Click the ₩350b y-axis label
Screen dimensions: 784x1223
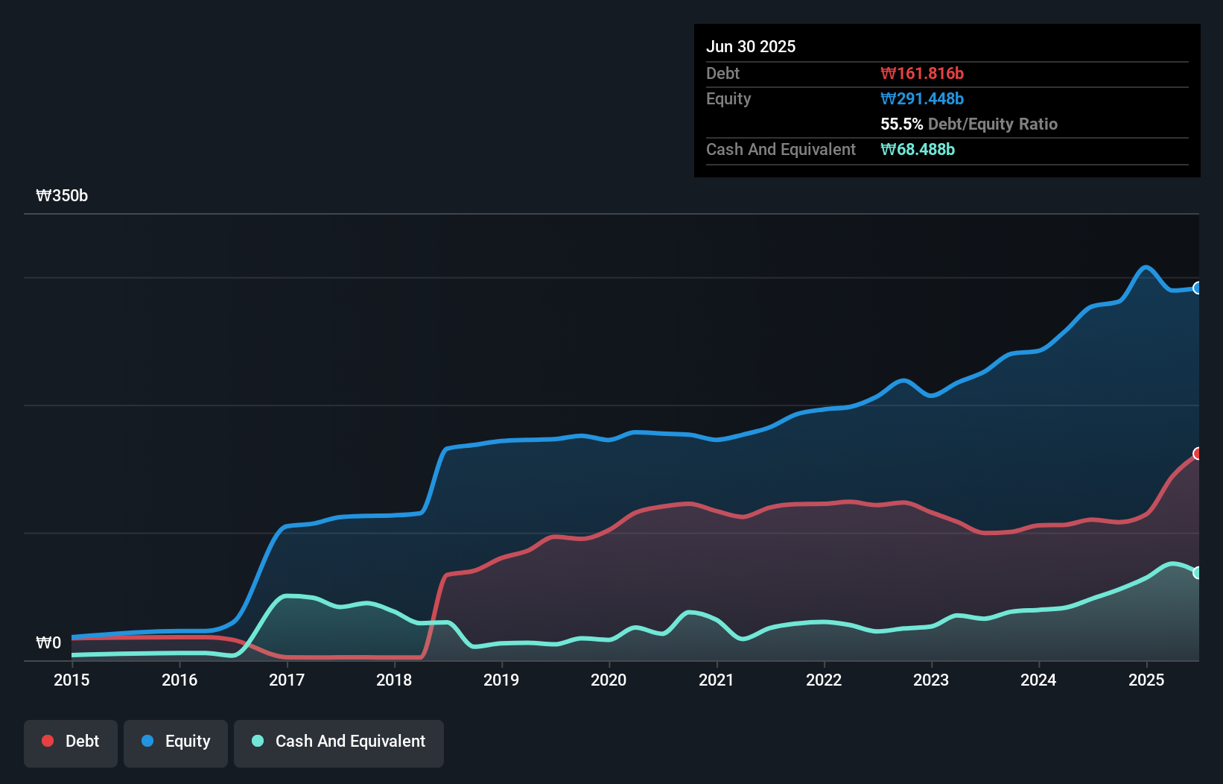point(62,196)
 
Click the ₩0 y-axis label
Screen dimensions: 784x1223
point(48,642)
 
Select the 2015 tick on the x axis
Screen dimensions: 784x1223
point(72,680)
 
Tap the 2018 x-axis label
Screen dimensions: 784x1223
point(394,680)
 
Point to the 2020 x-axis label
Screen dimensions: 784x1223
point(609,680)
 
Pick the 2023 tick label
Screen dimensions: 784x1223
point(931,680)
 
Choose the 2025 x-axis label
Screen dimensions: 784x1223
point(1146,680)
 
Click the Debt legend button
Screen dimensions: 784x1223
point(71,742)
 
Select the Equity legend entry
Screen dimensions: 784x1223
point(176,742)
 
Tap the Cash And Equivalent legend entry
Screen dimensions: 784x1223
point(339,742)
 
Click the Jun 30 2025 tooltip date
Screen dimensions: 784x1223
point(751,46)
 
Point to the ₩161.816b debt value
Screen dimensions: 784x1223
point(922,73)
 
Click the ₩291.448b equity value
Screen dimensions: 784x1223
point(922,98)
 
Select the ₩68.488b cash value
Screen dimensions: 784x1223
point(918,149)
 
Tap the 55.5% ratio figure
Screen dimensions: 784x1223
point(901,124)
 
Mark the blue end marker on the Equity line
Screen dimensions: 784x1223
point(1198,288)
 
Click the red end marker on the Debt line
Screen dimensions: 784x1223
point(1198,454)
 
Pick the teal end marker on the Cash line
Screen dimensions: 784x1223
point(1198,572)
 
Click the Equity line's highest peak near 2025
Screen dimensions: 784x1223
point(1146,267)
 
